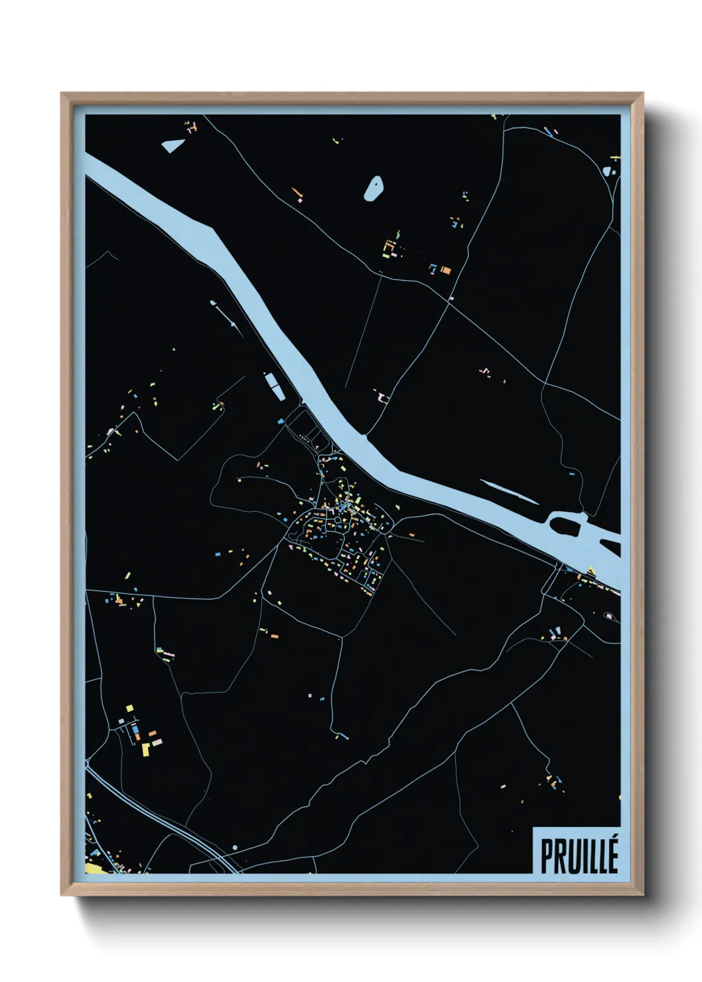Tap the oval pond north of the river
tap(374, 188)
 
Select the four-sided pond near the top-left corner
tap(172, 145)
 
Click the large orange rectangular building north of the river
tap(447, 270)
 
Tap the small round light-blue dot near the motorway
tap(234, 847)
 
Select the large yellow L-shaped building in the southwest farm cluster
tap(146, 750)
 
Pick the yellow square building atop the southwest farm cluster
tap(130, 709)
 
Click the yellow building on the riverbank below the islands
tap(591, 570)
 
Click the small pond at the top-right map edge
tap(608, 170)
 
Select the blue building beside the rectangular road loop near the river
tap(281, 421)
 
